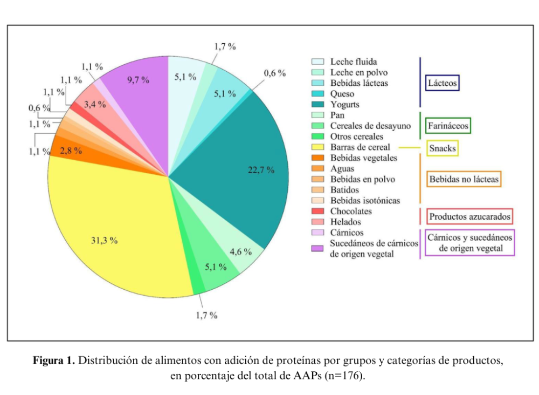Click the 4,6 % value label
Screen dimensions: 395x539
[x=239, y=251]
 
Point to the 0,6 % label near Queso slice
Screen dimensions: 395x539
[x=274, y=73]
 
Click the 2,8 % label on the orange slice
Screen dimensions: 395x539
[x=71, y=151]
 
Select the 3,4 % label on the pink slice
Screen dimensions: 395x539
[x=94, y=104]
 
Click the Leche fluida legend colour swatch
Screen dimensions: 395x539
[x=317, y=62]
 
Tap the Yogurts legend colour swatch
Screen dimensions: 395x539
[x=317, y=105]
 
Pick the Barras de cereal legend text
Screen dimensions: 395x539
[x=360, y=147]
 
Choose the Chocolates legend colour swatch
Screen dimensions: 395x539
[x=317, y=211]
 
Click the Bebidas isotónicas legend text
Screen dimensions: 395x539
[x=365, y=201]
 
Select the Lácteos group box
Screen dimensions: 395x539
[x=443, y=83]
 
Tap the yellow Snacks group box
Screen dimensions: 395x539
[x=443, y=147]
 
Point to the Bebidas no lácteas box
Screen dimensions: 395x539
[x=464, y=179]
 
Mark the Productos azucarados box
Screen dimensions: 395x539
[x=469, y=217]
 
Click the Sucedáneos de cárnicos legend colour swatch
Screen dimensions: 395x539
[x=317, y=248]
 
